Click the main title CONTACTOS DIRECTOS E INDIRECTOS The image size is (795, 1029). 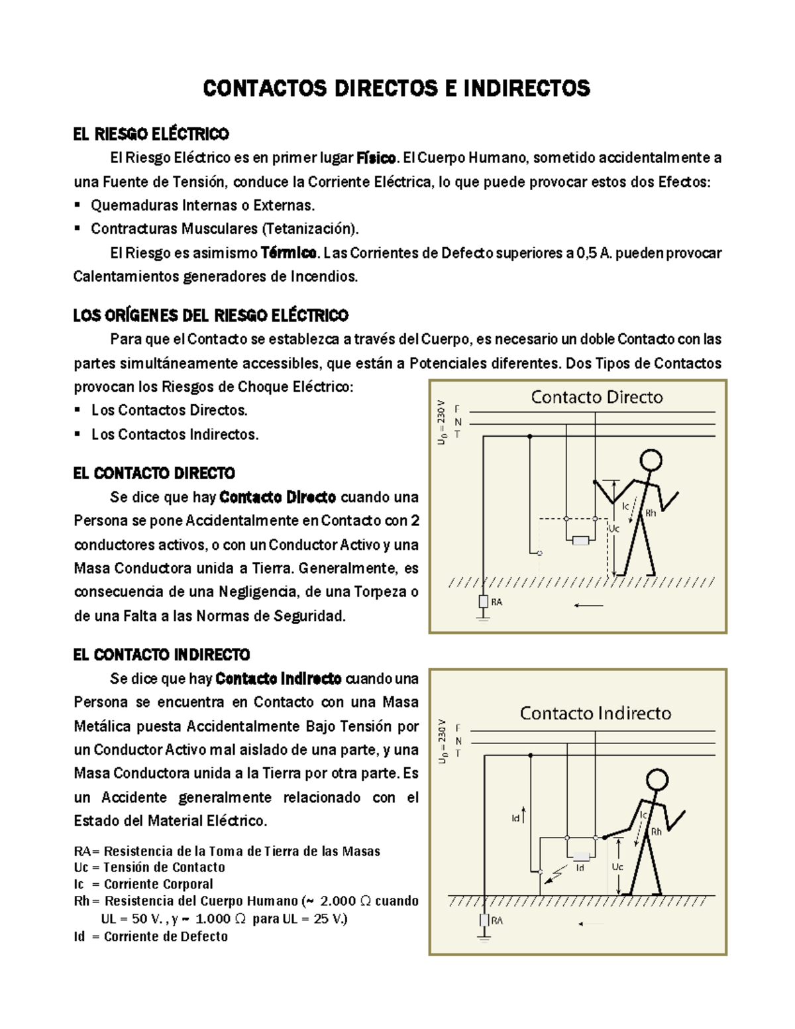[396, 88]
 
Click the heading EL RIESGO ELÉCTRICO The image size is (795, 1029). [151, 135]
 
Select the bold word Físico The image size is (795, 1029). [376, 158]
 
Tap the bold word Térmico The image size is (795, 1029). [288, 253]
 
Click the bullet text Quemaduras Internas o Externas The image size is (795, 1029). [203, 205]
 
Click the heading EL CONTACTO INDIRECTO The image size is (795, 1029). [162, 655]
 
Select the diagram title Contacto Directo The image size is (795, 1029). [596, 398]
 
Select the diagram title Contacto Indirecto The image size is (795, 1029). [595, 714]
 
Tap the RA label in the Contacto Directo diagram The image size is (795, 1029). [496, 602]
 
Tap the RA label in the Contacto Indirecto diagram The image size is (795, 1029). [496, 920]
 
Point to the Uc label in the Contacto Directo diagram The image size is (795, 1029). [613, 529]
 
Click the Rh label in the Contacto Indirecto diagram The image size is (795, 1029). [656, 832]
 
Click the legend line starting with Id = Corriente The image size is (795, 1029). [151, 937]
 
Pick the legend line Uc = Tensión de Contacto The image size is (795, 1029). [150, 867]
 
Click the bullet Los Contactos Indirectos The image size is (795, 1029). [174, 435]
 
